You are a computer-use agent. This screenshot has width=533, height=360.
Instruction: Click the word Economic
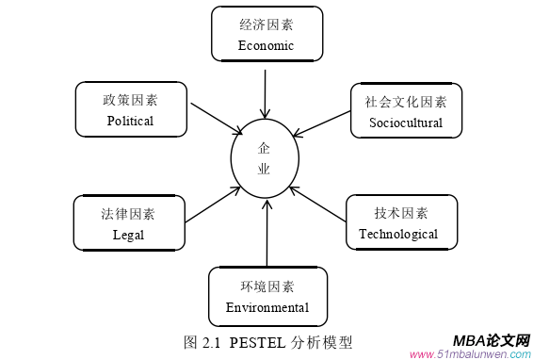266,45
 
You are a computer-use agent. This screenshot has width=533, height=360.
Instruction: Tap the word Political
130,121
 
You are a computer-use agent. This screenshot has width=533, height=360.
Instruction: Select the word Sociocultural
405,123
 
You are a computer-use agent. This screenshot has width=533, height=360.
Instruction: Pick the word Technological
398,234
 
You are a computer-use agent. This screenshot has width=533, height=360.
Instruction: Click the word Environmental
267,307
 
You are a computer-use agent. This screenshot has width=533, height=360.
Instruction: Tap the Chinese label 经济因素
266,25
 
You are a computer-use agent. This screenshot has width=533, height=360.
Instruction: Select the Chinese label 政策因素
130,99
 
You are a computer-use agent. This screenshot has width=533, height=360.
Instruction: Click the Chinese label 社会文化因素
406,101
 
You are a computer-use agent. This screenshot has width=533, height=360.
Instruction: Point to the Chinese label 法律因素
128,213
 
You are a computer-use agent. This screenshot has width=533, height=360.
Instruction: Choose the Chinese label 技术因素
400,213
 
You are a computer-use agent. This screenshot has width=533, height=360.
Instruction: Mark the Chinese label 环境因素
267,286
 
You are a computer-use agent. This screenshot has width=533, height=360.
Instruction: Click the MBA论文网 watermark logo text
491,340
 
